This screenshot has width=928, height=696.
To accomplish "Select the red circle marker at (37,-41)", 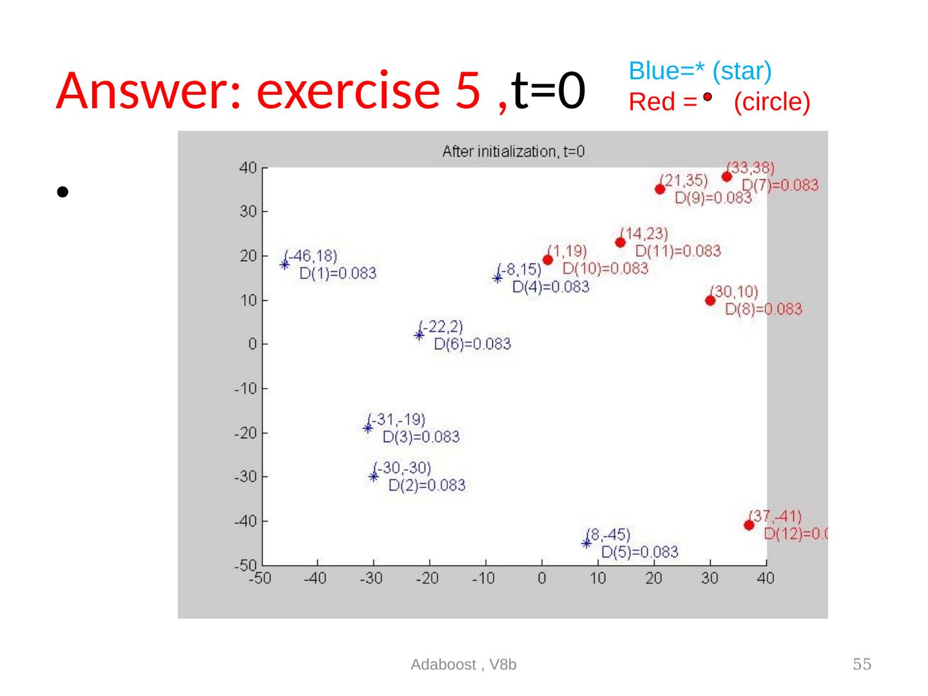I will [749, 525].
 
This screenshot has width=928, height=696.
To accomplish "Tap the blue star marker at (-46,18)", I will [285, 264].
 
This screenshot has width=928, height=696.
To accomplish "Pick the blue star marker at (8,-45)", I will [586, 543].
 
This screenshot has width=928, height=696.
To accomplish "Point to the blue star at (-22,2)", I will [419, 335].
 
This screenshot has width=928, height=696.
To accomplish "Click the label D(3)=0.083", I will [421, 438].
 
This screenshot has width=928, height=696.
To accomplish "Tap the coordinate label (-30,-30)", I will [404, 467].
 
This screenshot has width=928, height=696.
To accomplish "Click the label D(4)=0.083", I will [551, 287].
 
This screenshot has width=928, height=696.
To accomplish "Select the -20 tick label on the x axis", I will [428, 579].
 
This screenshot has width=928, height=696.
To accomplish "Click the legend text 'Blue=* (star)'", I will [701, 71].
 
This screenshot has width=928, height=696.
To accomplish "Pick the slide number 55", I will [862, 664].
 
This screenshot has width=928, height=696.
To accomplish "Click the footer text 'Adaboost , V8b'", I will [464, 664].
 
